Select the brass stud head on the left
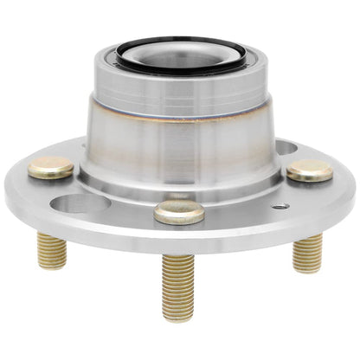(50, 167)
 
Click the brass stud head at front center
(179, 211)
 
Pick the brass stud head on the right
(310, 170)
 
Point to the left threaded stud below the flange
(52, 251)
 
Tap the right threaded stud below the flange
(307, 253)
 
